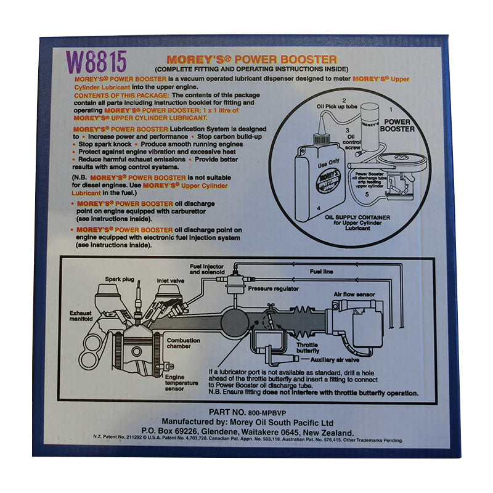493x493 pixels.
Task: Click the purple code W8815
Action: (96, 62)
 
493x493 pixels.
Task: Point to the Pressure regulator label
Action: (272, 288)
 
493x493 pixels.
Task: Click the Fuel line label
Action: (322, 271)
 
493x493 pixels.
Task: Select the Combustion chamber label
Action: (184, 343)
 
